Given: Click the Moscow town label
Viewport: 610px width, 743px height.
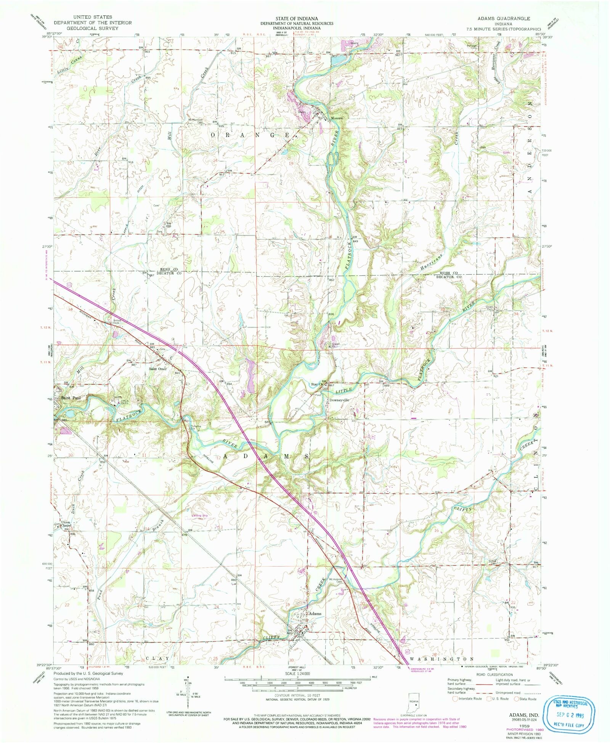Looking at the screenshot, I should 337,118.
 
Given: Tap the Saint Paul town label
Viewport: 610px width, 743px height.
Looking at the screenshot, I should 71,398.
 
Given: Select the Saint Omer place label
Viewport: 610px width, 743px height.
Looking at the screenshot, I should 158,368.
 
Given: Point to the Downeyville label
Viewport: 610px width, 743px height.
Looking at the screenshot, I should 339,400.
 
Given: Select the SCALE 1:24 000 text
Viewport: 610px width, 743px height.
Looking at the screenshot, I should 297,673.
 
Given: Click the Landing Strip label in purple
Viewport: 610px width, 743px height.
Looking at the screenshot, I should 200,515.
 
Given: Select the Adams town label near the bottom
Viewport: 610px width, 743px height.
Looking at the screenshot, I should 315,613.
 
